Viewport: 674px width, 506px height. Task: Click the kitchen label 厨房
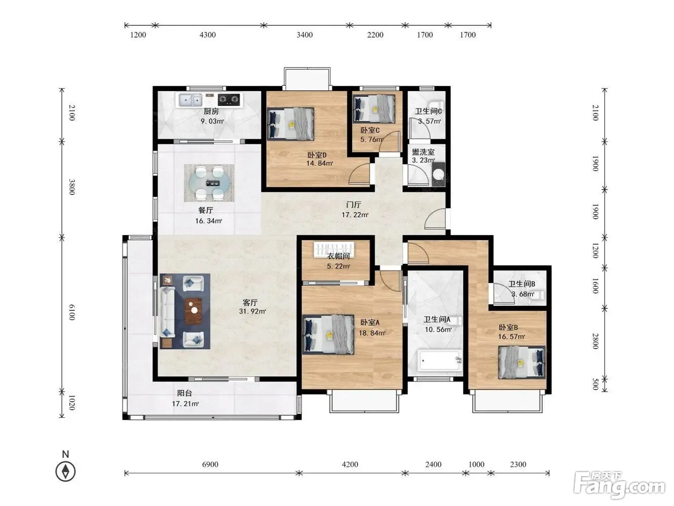pyautogui.click(x=211, y=111)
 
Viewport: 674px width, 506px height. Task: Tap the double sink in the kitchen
pyautogui.click(x=190, y=100)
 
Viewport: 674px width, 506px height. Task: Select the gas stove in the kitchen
pyautogui.click(x=229, y=99)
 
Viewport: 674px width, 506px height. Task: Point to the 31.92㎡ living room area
pyautogui.click(x=252, y=311)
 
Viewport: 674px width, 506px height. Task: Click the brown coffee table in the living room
pyautogui.click(x=193, y=310)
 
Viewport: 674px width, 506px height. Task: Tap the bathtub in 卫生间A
pyautogui.click(x=439, y=360)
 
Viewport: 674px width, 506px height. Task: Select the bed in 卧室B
pyautogui.click(x=522, y=362)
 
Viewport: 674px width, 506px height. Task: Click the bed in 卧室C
pyautogui.click(x=374, y=109)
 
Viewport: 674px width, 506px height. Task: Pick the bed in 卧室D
pyautogui.click(x=290, y=124)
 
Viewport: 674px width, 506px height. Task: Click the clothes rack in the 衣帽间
pyautogui.click(x=334, y=250)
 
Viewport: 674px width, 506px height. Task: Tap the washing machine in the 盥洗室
pyautogui.click(x=439, y=174)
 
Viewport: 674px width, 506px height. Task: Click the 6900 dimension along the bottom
pyautogui.click(x=210, y=464)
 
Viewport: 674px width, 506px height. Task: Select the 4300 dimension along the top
pyautogui.click(x=207, y=35)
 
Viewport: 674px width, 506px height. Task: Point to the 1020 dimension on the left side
pyautogui.click(x=71, y=403)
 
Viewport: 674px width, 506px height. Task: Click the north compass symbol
pyautogui.click(x=65, y=467)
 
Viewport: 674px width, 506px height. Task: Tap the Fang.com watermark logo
pyautogui.click(x=619, y=484)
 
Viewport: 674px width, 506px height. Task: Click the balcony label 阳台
pyautogui.click(x=185, y=393)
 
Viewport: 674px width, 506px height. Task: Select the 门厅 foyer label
pyautogui.click(x=354, y=205)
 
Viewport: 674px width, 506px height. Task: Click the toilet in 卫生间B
pyautogui.click(x=539, y=295)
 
